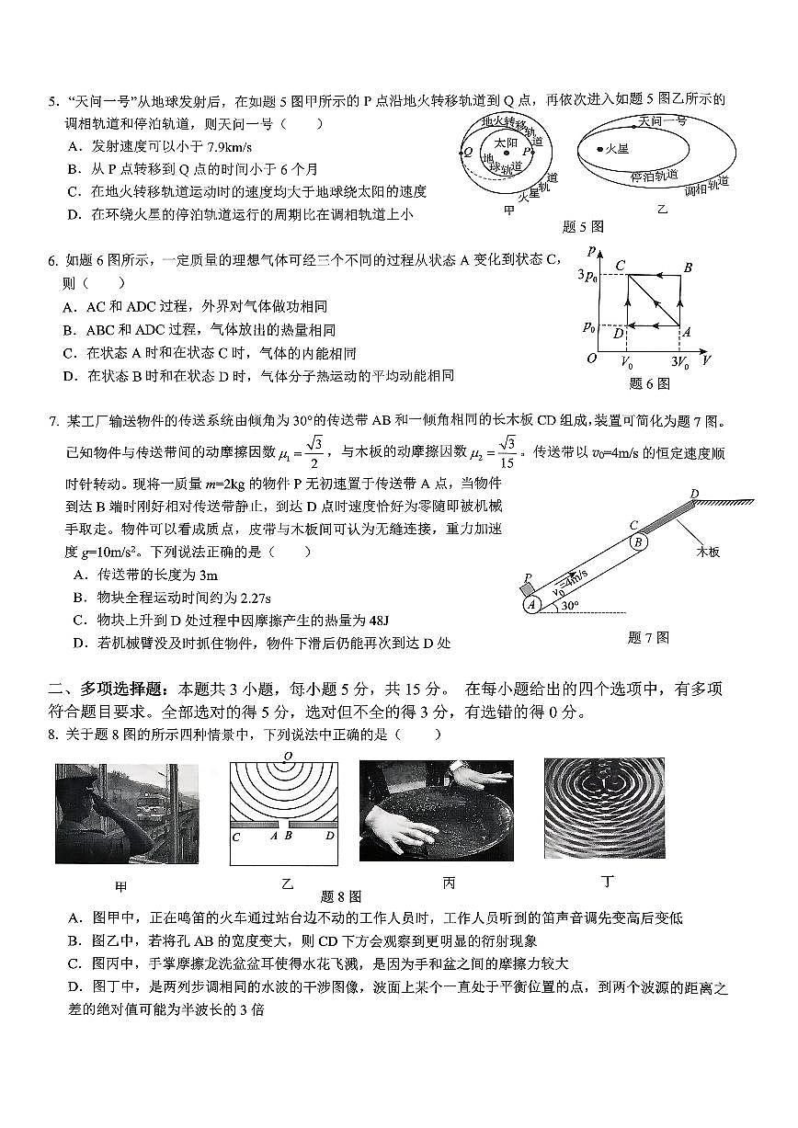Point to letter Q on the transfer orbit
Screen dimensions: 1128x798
tap(469, 152)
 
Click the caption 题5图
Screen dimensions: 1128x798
tap(583, 226)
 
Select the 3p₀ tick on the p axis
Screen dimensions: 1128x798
tap(587, 274)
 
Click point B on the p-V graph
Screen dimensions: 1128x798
tap(687, 267)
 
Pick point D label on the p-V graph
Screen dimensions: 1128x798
tap(618, 333)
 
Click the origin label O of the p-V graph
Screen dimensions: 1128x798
tap(592, 359)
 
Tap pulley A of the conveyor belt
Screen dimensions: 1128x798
tap(531, 604)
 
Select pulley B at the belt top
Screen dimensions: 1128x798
tap(637, 541)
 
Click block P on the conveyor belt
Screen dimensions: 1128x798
tap(528, 583)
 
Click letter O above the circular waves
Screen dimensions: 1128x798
tap(288, 757)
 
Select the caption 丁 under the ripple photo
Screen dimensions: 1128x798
tap(607, 882)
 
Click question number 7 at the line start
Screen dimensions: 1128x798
tap(53, 422)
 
